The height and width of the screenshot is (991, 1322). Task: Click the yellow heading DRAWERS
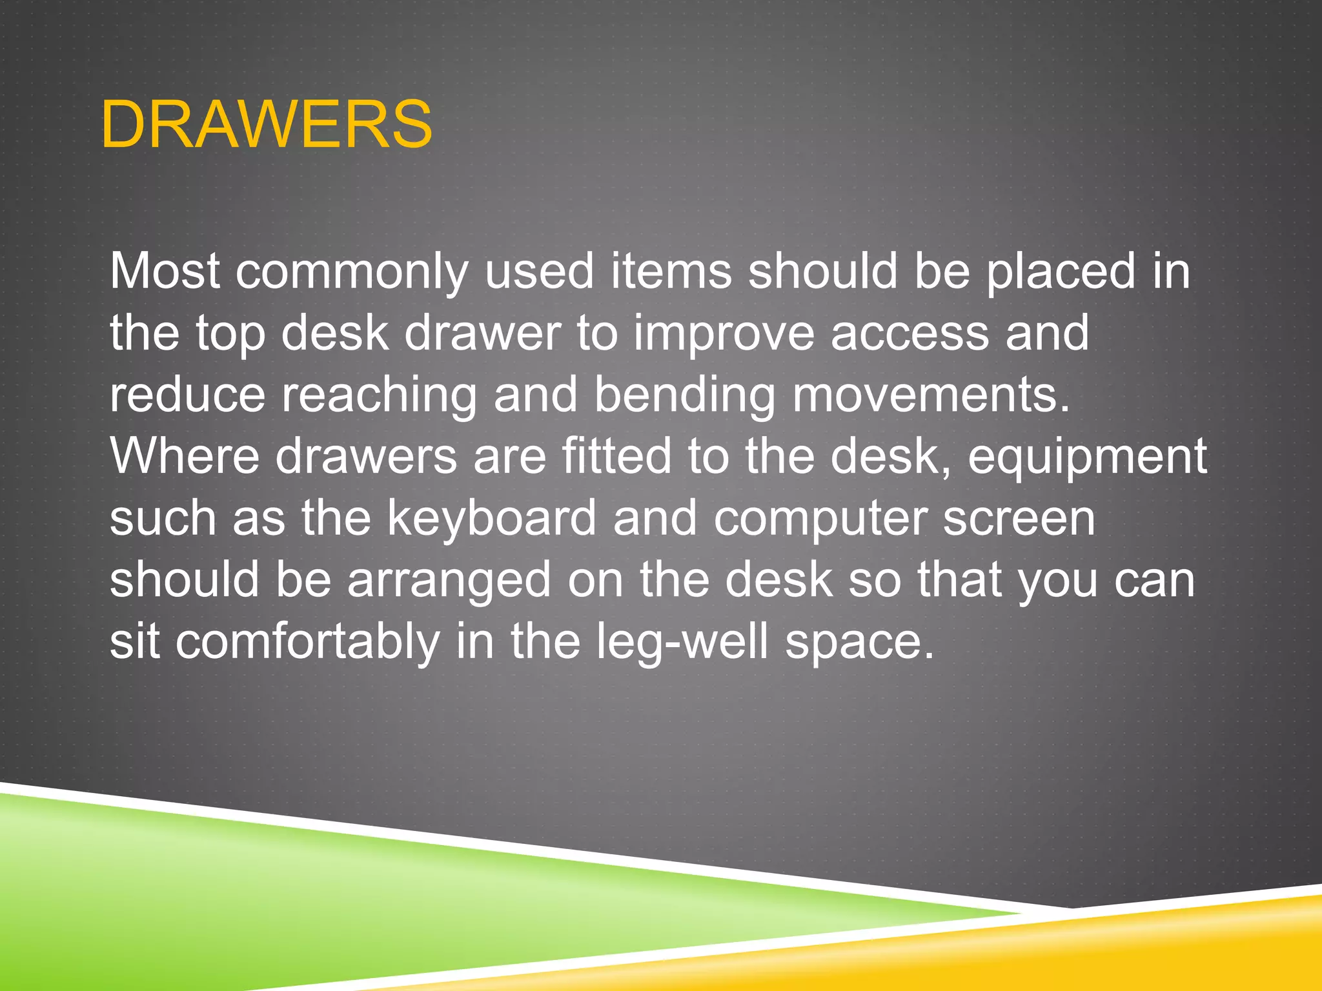(266, 125)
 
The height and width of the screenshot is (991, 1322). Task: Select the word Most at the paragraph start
(165, 271)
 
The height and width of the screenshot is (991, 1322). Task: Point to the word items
(671, 271)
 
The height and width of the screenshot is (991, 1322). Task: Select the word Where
(185, 456)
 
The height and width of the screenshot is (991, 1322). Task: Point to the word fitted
(616, 456)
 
